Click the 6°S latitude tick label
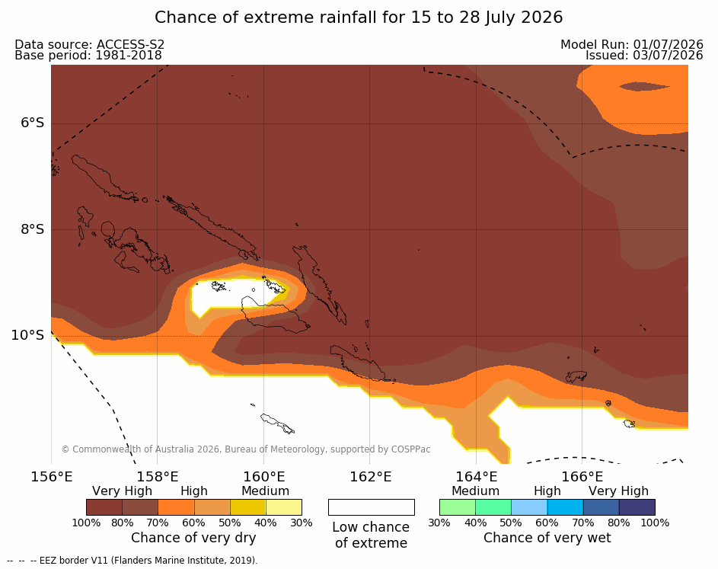tap(33, 123)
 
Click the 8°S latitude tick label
tap(33, 229)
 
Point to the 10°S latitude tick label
tap(27, 335)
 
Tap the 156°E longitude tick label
tap(51, 477)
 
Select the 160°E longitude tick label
tap(263, 477)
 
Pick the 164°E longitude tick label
tap(476, 477)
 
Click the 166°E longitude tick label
tap(582, 477)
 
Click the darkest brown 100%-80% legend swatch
tap(104, 507)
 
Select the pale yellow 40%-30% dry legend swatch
tap(284, 507)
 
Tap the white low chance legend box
tap(372, 507)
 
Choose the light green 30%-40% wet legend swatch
tap(458, 507)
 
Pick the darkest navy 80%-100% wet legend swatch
tap(637, 507)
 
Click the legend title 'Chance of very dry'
tap(193, 538)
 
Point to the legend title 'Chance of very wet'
tap(547, 538)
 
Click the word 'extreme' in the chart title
tap(278, 18)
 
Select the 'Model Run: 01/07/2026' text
tap(632, 44)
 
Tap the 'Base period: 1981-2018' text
tap(88, 56)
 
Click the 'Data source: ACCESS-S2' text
tap(90, 44)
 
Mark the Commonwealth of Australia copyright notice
tap(246, 449)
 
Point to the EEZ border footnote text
tap(132, 561)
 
